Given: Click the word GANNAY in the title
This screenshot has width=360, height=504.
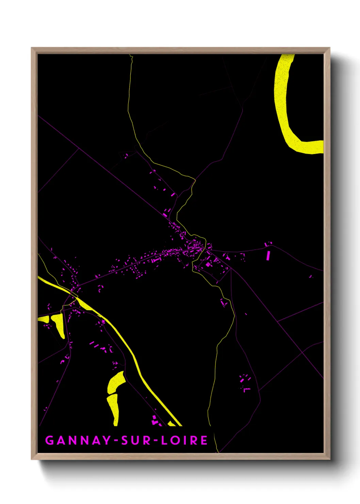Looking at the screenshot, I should pos(78,440).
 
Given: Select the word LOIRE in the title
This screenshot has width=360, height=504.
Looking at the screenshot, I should pos(184,440).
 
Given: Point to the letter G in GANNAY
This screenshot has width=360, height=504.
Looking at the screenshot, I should pos(50,440).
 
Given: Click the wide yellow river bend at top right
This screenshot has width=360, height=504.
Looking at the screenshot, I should pos(284,109).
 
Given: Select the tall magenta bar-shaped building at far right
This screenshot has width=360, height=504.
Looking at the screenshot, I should pos(268,255).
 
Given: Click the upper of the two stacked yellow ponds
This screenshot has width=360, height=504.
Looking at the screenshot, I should pos(116,382).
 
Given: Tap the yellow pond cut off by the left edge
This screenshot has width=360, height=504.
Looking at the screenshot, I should pos(44,319).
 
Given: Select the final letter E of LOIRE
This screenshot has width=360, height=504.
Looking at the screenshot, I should pos(204,440).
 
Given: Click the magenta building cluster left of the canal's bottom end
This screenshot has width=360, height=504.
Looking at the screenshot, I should pos(156,421).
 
